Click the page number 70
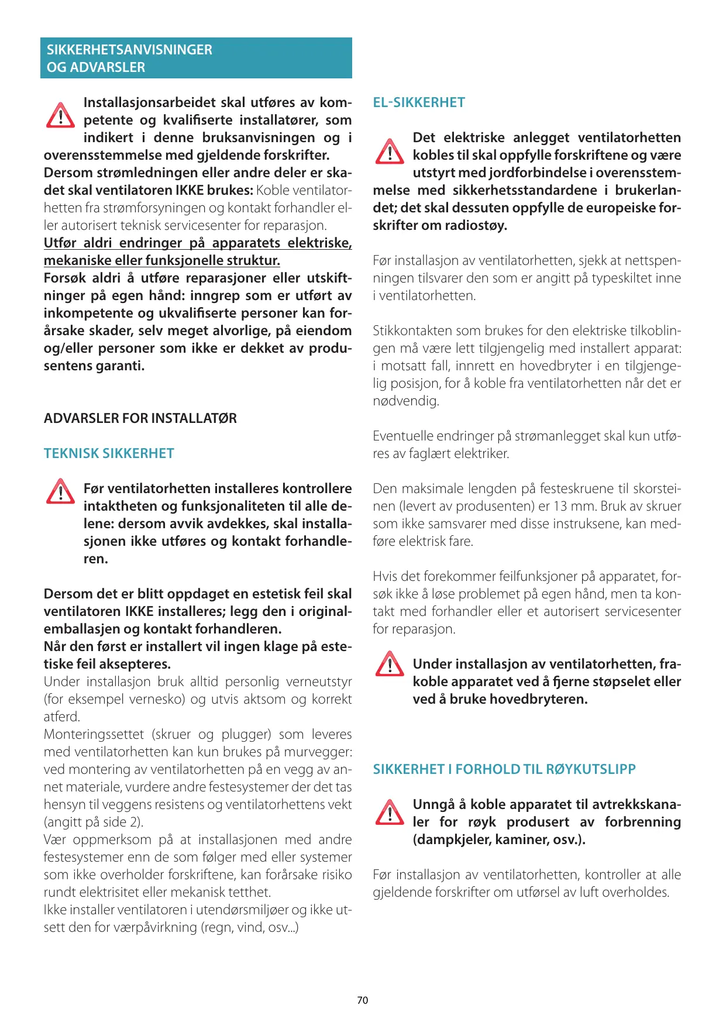(x=363, y=1000)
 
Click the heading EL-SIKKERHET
(x=419, y=103)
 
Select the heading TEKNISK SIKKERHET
(x=109, y=454)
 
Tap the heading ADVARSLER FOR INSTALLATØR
(x=140, y=419)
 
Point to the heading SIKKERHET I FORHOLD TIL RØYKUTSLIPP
(x=504, y=770)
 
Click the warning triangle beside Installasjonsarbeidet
(x=60, y=116)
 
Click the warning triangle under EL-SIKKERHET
(x=390, y=152)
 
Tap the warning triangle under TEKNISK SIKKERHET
(x=60, y=492)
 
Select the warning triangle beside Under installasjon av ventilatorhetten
(x=390, y=665)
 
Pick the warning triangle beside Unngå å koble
(x=390, y=812)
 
